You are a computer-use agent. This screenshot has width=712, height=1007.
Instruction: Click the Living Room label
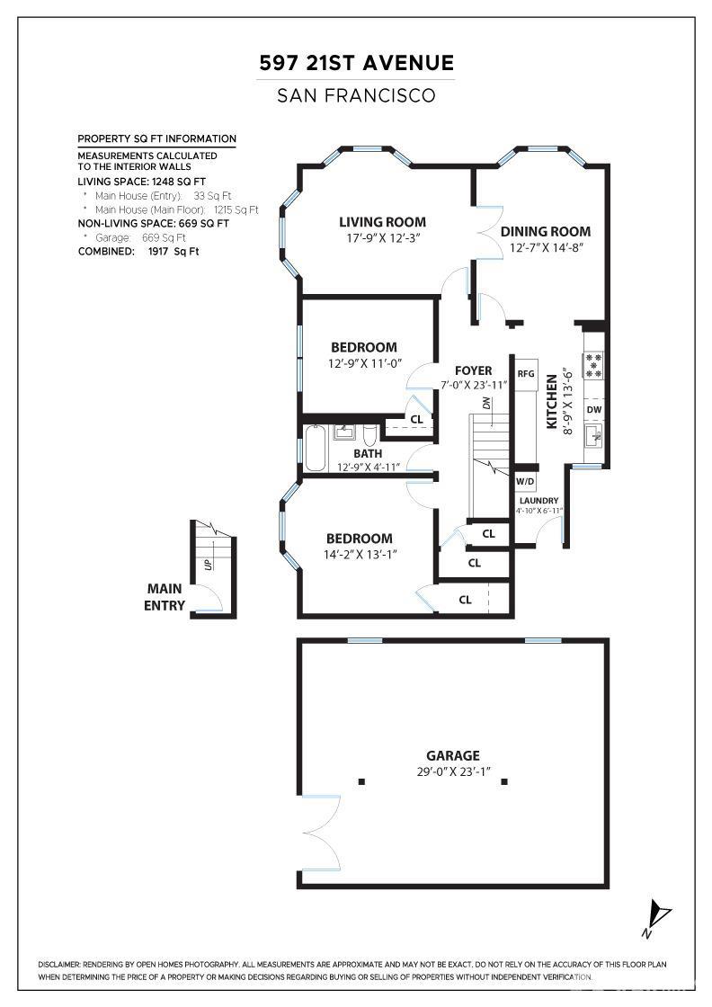pyautogui.click(x=382, y=222)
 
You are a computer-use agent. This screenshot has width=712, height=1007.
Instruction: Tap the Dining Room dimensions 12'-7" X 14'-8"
pyautogui.click(x=547, y=248)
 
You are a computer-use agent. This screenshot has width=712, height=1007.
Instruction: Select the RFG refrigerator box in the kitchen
pyautogui.click(x=526, y=373)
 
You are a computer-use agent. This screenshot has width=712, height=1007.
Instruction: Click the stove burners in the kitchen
pyautogui.click(x=594, y=365)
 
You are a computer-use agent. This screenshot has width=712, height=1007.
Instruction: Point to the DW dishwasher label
pyautogui.click(x=594, y=410)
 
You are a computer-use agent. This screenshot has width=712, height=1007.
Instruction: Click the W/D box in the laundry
pyautogui.click(x=525, y=482)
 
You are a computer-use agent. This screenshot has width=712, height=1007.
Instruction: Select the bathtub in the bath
pyautogui.click(x=315, y=449)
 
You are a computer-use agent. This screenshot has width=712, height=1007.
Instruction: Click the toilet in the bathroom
pyautogui.click(x=370, y=435)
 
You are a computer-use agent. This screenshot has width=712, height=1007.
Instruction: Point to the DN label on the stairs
pyautogui.click(x=486, y=404)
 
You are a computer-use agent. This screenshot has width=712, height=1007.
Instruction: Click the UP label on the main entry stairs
pyautogui.click(x=208, y=565)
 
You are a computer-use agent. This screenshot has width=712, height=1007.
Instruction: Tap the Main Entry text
pyautogui.click(x=165, y=597)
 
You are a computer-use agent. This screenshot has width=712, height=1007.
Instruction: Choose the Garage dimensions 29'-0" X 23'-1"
pyautogui.click(x=453, y=771)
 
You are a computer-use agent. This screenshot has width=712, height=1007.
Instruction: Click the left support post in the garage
pyautogui.click(x=361, y=781)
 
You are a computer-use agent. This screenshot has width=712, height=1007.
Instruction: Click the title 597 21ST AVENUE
pyautogui.click(x=356, y=63)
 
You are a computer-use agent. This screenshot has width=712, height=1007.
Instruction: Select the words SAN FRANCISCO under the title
pyautogui.click(x=356, y=95)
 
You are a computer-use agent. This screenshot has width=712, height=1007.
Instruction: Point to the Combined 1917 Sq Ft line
pyautogui.click(x=138, y=251)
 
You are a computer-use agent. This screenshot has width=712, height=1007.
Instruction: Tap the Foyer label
pyautogui.click(x=473, y=370)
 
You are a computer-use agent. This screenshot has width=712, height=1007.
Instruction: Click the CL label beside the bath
pyautogui.click(x=416, y=419)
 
